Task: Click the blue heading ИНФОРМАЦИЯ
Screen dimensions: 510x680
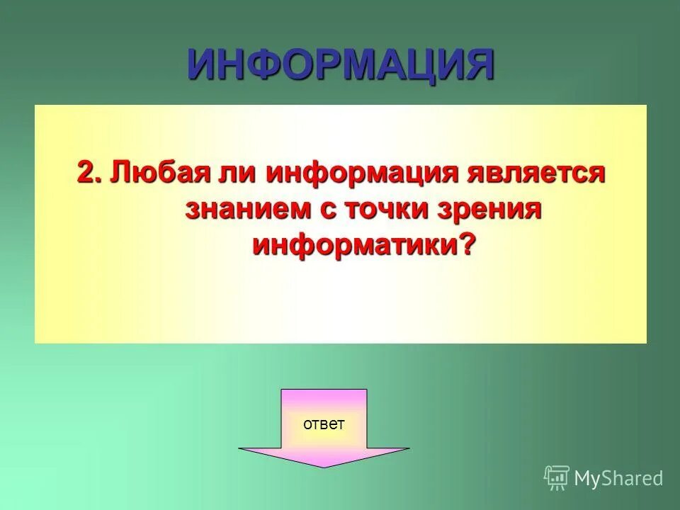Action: point(340,64)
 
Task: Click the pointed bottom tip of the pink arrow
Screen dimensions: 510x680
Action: point(324,466)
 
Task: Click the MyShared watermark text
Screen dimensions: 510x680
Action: point(618,478)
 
